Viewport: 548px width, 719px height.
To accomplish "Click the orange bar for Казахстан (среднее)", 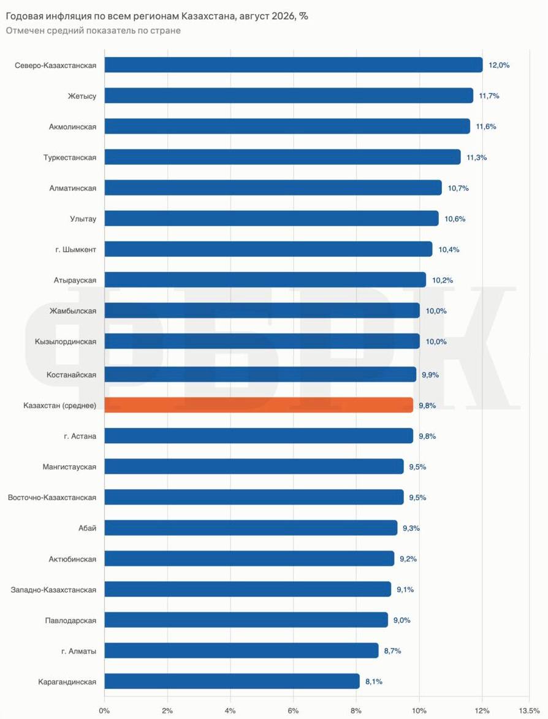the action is coord(259,405).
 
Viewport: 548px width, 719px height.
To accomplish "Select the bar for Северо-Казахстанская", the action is coord(294,65).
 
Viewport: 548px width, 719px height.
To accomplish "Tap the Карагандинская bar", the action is coord(232,682).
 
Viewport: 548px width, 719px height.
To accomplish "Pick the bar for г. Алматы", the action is coord(242,651).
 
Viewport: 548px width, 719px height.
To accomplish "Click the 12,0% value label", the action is coord(499,65).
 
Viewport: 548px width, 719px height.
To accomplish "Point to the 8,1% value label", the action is coord(374,682).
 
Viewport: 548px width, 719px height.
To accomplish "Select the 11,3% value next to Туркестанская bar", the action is coord(476,158).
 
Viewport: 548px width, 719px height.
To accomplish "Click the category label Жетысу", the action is coord(82,96).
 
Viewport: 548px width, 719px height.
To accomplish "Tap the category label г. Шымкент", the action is coord(75,249).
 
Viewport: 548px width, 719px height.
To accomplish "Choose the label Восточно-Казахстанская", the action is coord(52,498).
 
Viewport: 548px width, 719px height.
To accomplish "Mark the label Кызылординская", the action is coord(66,341).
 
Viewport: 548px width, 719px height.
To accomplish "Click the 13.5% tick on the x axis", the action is coord(529,711).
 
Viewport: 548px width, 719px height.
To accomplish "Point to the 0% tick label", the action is coord(105,711).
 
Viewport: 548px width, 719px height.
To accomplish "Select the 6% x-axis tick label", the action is coord(293,711).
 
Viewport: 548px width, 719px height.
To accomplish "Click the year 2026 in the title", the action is coord(283,16).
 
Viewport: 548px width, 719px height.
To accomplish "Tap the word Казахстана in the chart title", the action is coord(208,16).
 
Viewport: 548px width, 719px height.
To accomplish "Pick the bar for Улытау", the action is coord(272,219).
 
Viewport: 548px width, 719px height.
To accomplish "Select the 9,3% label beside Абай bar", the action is coord(411,528).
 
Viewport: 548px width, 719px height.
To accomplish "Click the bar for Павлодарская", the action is coord(246,620).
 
